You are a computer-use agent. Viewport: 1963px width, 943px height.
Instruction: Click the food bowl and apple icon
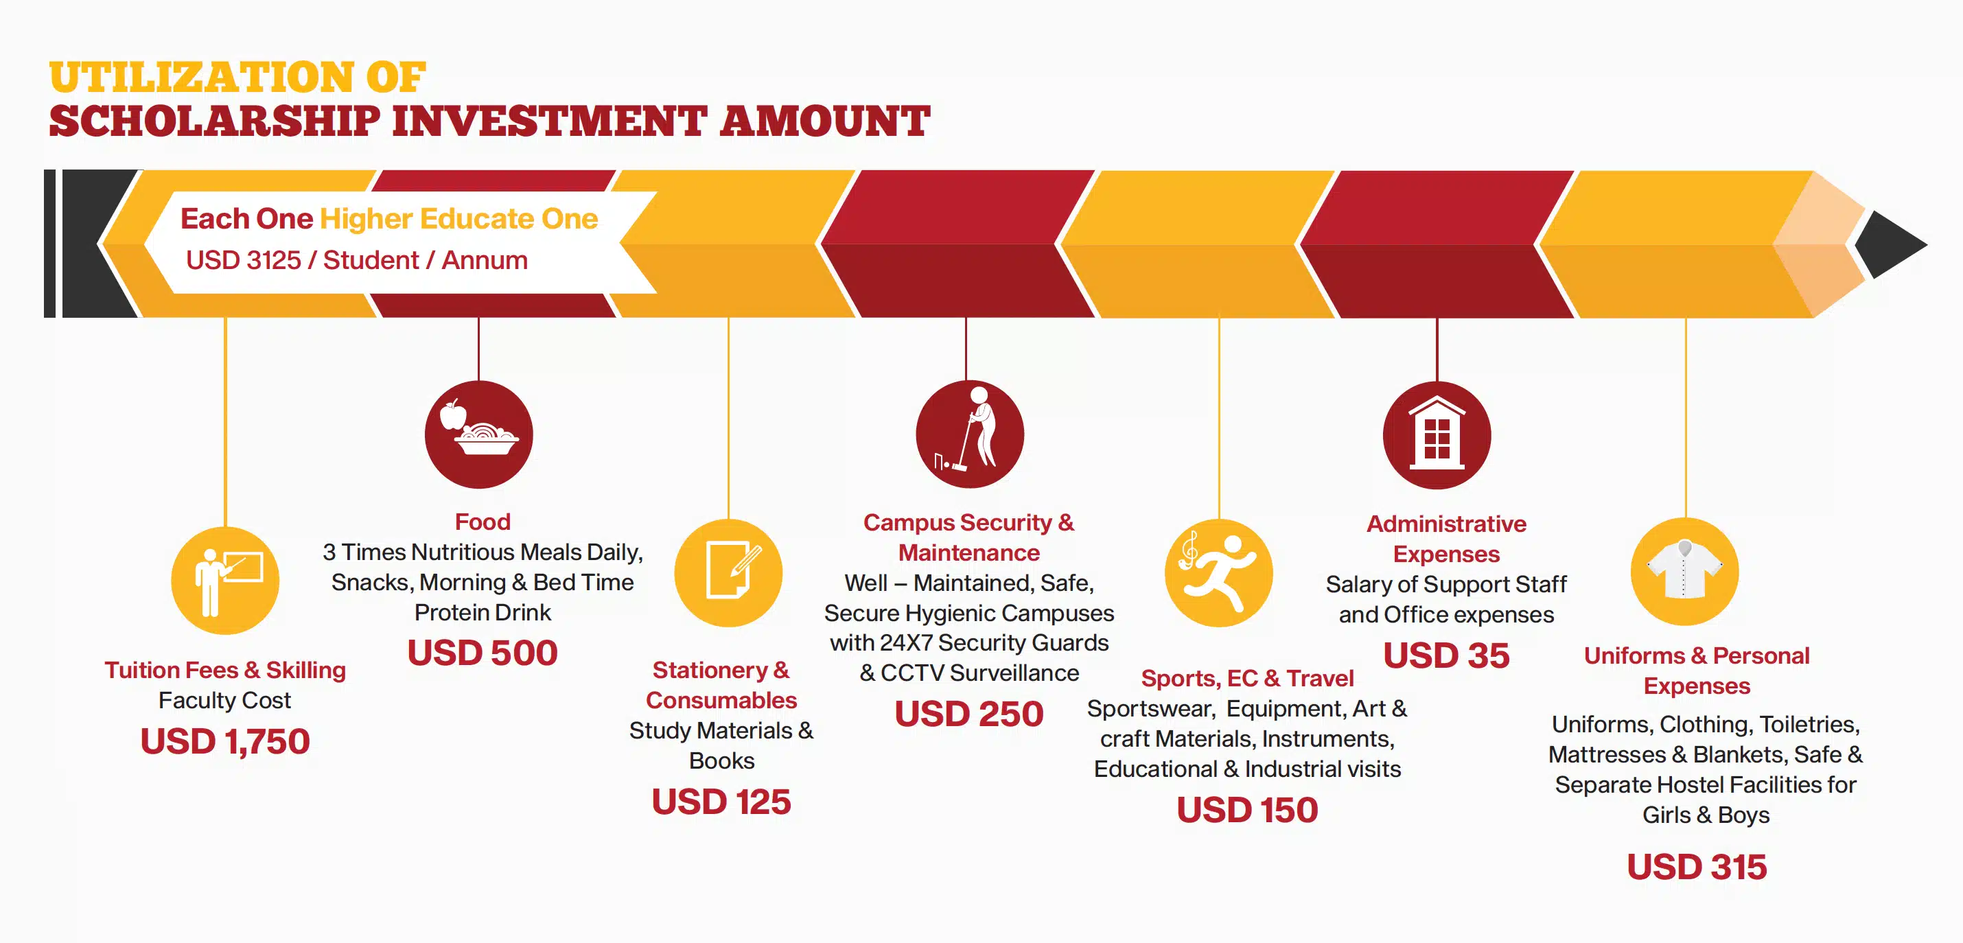[x=478, y=434]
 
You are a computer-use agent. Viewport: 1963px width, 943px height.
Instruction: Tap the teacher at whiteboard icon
[x=226, y=581]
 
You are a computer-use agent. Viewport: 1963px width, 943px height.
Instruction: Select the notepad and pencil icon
[x=728, y=573]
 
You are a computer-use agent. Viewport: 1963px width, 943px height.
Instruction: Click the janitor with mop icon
[x=969, y=434]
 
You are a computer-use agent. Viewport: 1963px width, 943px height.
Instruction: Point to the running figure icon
[x=1219, y=573]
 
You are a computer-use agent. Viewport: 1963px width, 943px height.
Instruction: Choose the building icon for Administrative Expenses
[x=1437, y=435]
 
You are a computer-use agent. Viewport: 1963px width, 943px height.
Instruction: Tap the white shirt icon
[x=1685, y=571]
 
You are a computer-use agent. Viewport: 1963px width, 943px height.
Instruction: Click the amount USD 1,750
[x=226, y=742]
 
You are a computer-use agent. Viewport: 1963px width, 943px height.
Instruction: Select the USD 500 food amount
[x=483, y=653]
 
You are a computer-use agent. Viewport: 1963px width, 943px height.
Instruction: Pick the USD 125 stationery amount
[x=721, y=802]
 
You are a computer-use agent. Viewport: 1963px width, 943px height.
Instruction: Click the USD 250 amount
[x=969, y=714]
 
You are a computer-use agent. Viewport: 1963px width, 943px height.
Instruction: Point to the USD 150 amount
[x=1247, y=810]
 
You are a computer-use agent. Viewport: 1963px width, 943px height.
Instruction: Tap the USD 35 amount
[x=1446, y=656]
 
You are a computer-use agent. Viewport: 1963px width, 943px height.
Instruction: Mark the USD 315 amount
[x=1697, y=867]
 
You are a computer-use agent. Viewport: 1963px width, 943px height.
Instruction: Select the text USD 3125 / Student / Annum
[x=357, y=261]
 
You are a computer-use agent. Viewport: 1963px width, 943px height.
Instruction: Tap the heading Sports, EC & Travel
[x=1247, y=678]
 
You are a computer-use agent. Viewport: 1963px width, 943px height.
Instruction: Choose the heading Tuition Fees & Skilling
[x=226, y=671]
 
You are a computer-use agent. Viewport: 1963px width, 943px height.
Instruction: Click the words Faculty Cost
[x=225, y=700]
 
